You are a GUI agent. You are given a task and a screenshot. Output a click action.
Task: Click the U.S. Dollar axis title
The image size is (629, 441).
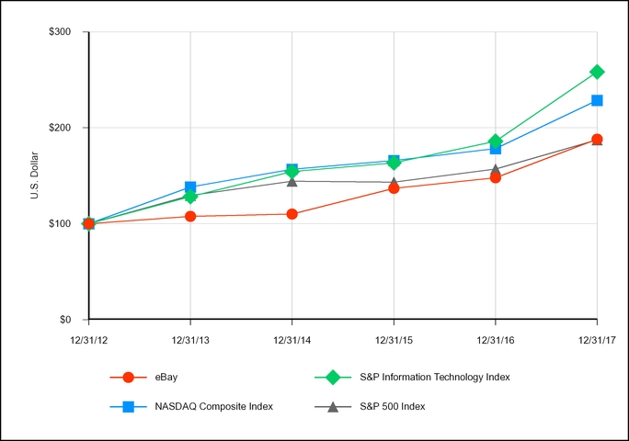(x=34, y=176)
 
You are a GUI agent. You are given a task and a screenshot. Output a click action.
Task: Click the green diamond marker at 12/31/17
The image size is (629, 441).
(x=597, y=72)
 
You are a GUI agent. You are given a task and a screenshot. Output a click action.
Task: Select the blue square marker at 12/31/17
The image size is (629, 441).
(x=597, y=100)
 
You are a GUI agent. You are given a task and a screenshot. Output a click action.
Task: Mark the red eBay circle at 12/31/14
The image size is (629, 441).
(x=292, y=214)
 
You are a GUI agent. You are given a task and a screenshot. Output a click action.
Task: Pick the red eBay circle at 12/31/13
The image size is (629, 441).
(x=190, y=216)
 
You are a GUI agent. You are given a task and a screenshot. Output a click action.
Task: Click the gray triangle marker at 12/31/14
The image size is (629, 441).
(x=292, y=181)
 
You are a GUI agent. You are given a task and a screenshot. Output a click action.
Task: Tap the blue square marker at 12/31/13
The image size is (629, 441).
(x=190, y=187)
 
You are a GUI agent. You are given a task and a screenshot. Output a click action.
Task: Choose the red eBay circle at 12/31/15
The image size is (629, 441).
(x=394, y=188)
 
